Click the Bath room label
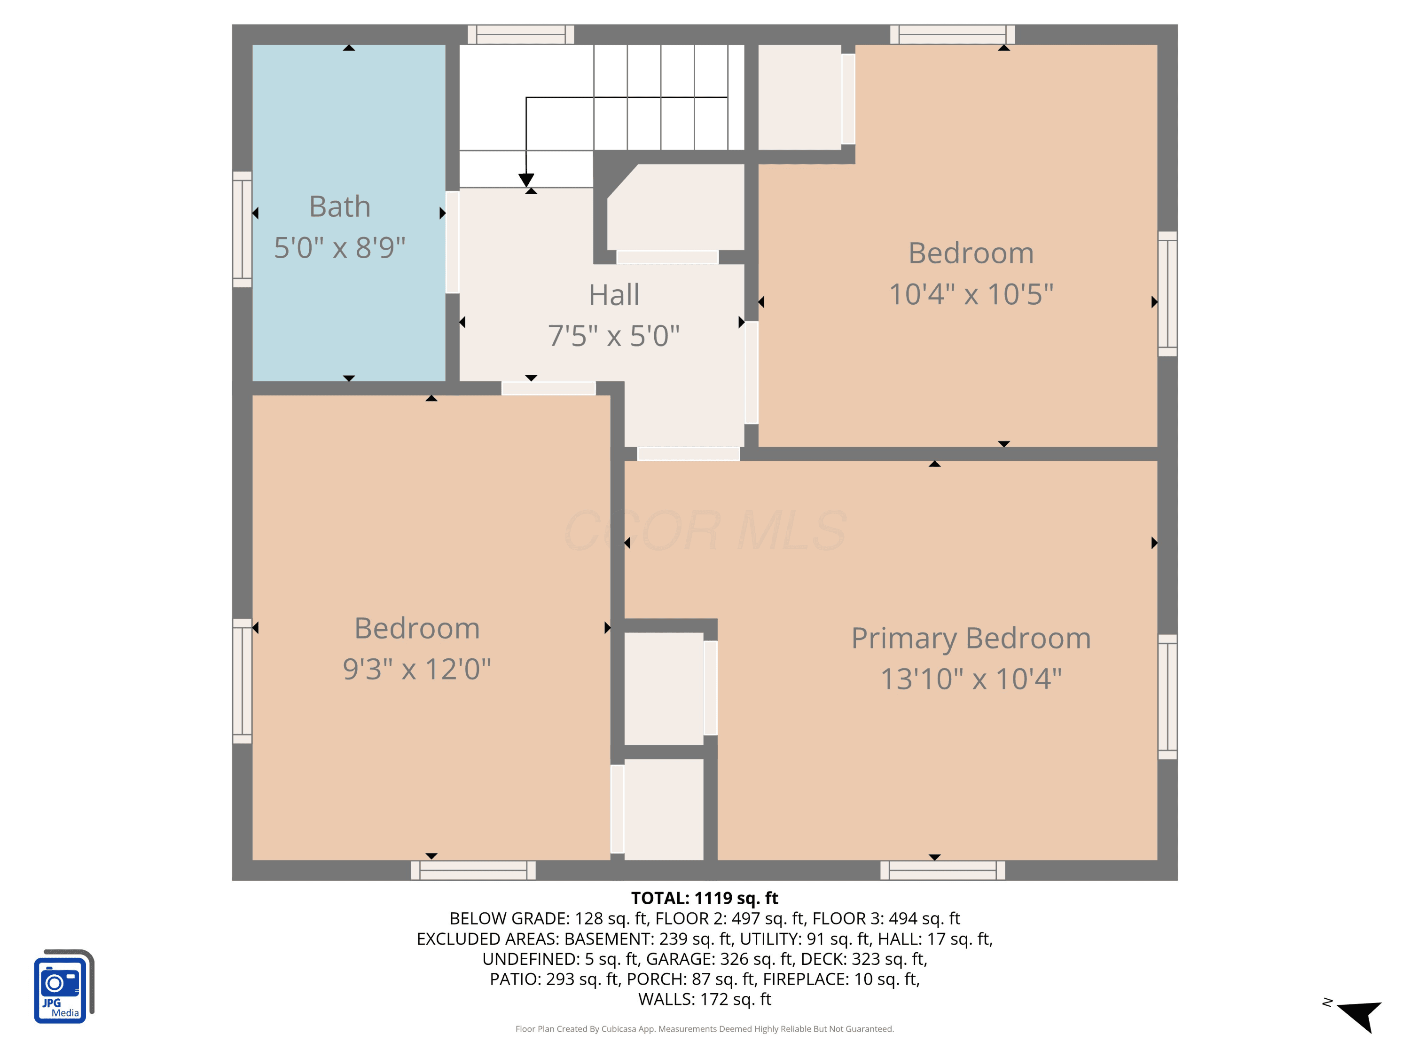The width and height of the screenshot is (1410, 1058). pos(340,206)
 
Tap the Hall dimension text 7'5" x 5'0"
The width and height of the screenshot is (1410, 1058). pos(614,335)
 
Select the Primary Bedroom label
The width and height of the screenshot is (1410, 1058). pos(971,639)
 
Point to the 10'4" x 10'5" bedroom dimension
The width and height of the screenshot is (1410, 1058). pos(971,294)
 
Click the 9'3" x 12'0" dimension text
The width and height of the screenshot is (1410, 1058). pos(417,669)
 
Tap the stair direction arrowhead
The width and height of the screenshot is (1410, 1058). pos(526,180)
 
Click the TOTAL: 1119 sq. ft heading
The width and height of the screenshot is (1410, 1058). pos(705,898)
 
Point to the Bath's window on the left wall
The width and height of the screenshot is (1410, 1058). pos(242,229)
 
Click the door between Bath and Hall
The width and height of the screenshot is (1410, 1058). pos(452,242)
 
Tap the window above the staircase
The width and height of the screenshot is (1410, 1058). pos(521,34)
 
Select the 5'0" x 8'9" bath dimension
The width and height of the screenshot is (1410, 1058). pos(340,247)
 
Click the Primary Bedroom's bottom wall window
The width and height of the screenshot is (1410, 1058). pos(942,870)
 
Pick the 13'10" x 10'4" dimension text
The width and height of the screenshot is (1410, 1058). pos(971,679)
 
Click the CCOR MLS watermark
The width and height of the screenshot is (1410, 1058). pos(705,530)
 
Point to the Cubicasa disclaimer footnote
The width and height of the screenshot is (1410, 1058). pos(705,1029)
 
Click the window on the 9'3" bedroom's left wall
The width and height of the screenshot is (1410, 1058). pos(242,681)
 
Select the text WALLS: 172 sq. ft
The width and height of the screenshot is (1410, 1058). pos(705,999)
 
